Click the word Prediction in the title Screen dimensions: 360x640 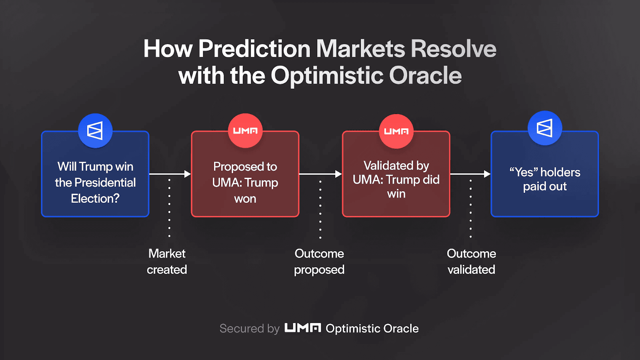[254, 49]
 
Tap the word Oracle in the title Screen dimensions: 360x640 [425, 76]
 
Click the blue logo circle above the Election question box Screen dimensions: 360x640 [95, 131]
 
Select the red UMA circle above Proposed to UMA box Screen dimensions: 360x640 [245, 131]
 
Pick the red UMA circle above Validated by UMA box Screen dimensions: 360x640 [396, 131]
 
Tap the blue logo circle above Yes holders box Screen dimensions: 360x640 [545, 128]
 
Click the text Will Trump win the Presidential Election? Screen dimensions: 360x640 [95, 182]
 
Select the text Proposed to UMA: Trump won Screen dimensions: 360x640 [245, 182]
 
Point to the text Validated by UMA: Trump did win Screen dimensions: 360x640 [396, 180]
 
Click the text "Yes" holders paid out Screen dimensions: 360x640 [545, 179]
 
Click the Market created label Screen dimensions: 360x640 [167, 262]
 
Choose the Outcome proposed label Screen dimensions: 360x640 [319, 262]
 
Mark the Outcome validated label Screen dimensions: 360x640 [471, 262]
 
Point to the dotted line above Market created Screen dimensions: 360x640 [169, 208]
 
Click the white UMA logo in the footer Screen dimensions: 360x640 [302, 328]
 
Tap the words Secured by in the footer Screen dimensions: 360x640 [249, 328]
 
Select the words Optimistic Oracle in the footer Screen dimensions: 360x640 [372, 328]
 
